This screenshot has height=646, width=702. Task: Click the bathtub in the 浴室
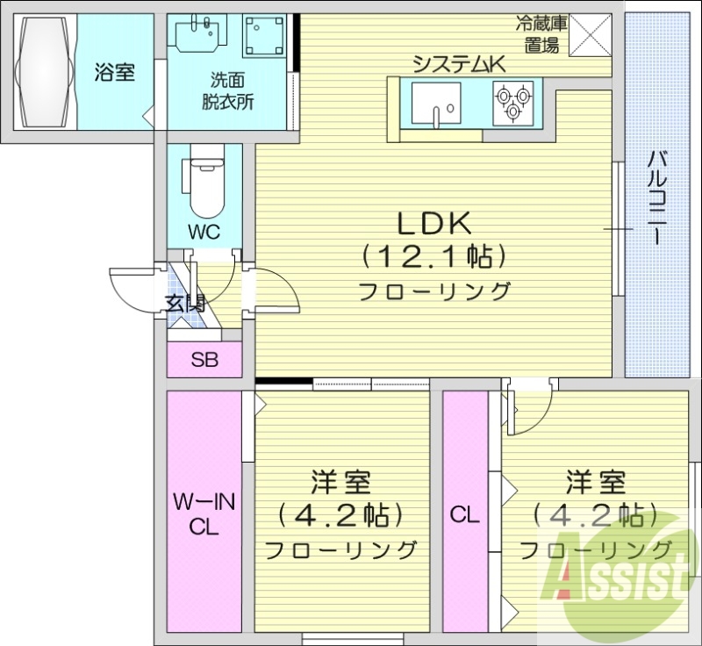(x=44, y=72)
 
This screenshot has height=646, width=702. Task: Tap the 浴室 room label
(x=115, y=73)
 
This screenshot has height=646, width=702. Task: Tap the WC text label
(x=204, y=233)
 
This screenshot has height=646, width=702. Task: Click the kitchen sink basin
(x=435, y=102)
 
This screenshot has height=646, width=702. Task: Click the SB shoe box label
(x=204, y=359)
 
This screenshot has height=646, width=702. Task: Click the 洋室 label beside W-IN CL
(x=340, y=483)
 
